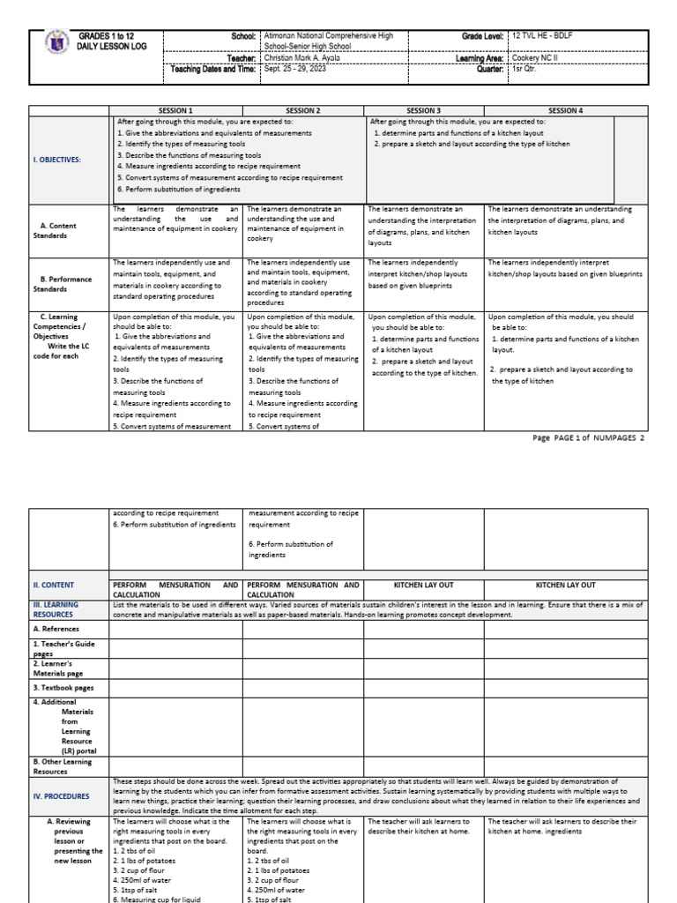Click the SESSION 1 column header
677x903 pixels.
pos(177,111)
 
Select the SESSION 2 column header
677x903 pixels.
pos(303,111)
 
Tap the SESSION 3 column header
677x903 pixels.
pos(424,111)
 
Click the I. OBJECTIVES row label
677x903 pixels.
pos(57,160)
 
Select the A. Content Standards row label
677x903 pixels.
pos(60,230)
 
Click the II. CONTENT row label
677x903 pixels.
pos(54,585)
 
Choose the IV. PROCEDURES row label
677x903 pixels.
pos(61,795)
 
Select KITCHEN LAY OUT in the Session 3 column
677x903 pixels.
pos(424,585)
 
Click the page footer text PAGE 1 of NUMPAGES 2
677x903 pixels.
pos(589,437)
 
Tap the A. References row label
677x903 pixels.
pos(56,629)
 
